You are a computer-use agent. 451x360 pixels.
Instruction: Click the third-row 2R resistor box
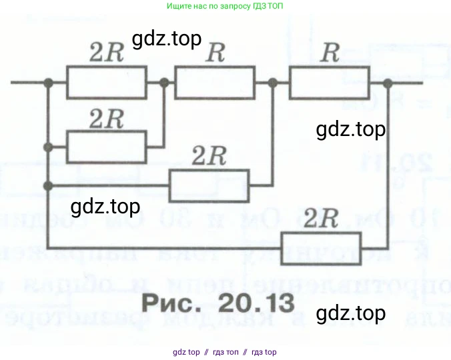[x=209, y=185]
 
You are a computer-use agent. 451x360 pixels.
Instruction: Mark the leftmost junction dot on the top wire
[x=48, y=83]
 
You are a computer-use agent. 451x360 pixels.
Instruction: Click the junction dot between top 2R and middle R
[x=165, y=83]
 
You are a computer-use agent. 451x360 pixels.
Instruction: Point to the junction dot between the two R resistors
[x=272, y=83]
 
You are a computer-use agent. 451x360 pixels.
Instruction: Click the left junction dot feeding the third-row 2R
[x=48, y=185]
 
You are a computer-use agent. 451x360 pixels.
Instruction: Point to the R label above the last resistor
[x=329, y=54]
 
